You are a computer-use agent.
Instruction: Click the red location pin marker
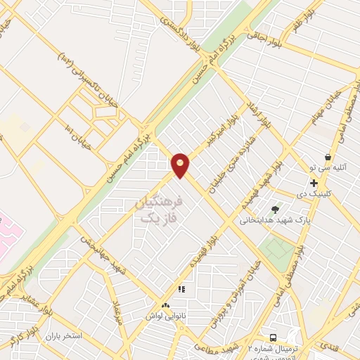pos(180,165)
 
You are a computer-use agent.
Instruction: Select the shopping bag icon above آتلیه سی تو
pos(328,157)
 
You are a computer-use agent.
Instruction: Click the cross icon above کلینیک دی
pos(314,183)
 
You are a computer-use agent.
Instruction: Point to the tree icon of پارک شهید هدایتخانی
pos(275,209)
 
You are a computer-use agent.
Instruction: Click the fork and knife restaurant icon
pos(181,288)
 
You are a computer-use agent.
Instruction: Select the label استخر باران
pos(64,336)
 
